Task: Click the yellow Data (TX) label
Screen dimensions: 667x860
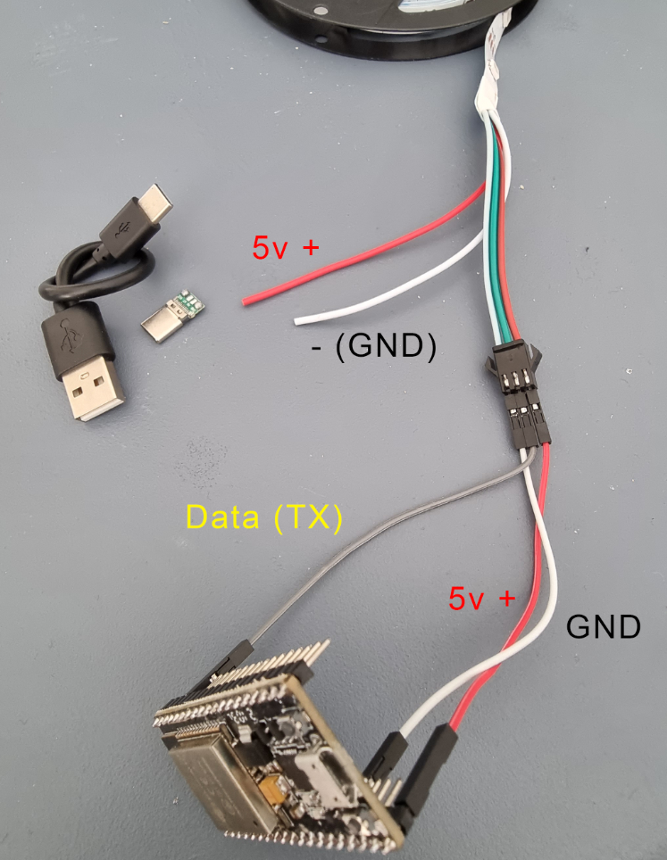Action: (264, 517)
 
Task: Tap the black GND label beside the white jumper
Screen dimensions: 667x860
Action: (604, 626)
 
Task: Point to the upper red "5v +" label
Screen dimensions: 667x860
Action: (285, 247)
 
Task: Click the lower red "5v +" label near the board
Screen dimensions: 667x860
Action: (481, 598)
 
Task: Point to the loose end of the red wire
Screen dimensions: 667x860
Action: (245, 301)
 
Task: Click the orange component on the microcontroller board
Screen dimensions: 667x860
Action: (272, 789)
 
